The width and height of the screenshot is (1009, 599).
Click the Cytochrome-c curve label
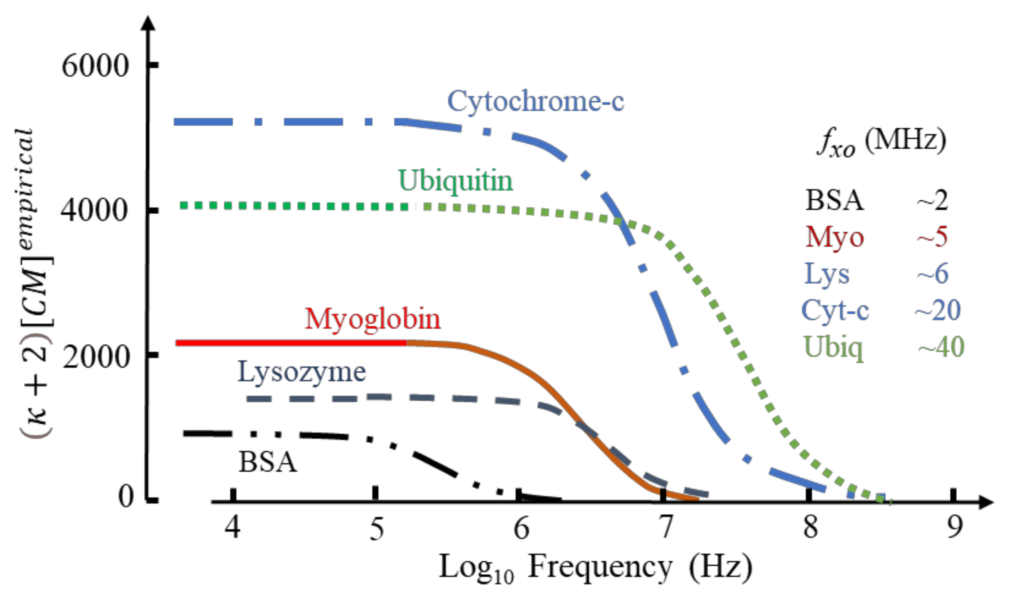(x=536, y=101)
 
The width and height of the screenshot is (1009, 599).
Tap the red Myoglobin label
(x=372, y=319)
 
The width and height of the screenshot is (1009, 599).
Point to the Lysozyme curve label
(x=301, y=372)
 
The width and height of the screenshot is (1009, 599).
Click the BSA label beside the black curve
(x=267, y=462)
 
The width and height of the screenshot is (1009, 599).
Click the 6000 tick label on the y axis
(x=95, y=66)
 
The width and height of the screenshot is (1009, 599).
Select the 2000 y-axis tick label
(x=95, y=357)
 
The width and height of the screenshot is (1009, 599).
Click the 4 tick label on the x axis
(x=232, y=527)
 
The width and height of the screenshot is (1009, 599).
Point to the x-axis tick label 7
(x=665, y=527)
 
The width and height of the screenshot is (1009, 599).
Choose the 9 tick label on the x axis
(x=955, y=527)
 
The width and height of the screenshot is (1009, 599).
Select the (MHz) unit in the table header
(x=905, y=141)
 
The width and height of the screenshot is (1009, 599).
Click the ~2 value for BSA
(x=932, y=201)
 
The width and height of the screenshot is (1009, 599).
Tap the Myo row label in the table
(x=834, y=237)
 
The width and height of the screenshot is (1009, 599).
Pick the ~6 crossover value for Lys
(x=932, y=274)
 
